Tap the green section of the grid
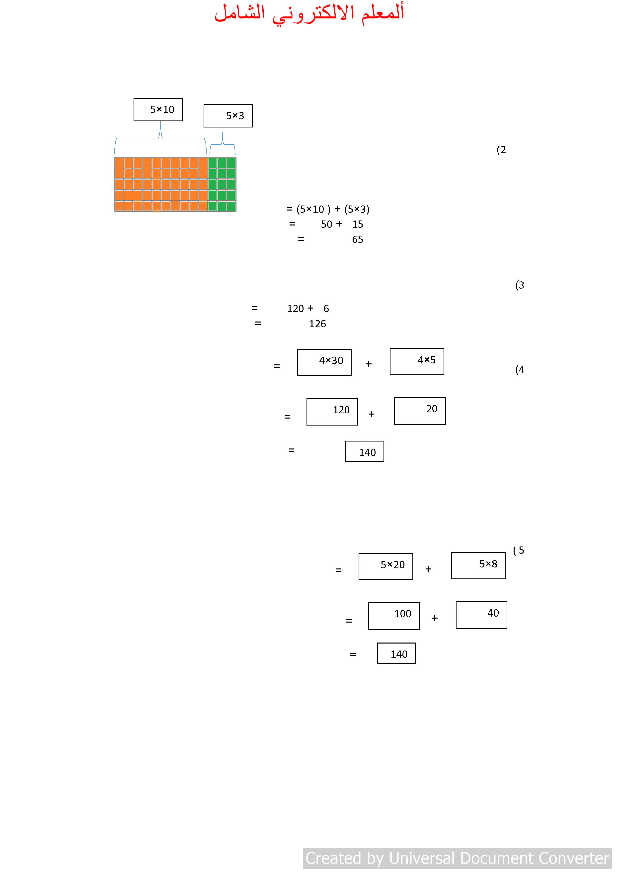(222, 184)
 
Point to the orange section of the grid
(161, 184)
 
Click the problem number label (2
(501, 150)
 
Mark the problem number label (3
(520, 285)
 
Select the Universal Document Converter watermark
(457, 858)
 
